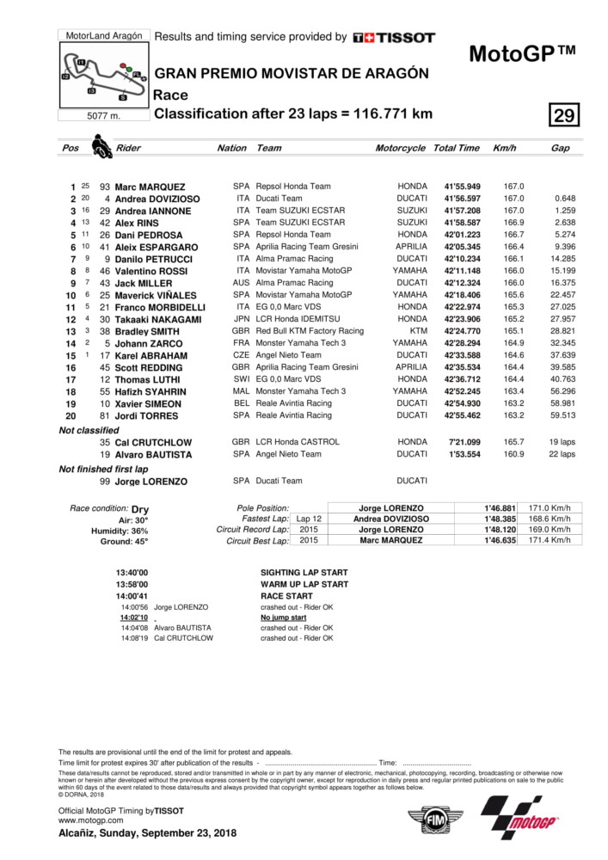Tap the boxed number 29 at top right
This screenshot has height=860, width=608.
tap(566, 115)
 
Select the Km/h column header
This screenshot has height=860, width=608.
tap(504, 148)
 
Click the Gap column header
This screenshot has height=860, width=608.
tap(560, 148)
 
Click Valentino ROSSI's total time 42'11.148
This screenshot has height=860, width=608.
tap(462, 271)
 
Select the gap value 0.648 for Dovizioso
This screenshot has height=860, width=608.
tap(565, 199)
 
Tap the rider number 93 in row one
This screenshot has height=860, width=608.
tap(105, 187)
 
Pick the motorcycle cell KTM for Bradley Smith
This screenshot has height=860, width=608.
tap(417, 331)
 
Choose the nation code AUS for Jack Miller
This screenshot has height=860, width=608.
tap(240, 283)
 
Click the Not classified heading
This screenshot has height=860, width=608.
tap(89, 430)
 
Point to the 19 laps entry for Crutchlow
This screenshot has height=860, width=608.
tap(562, 442)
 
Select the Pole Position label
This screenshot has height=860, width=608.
tap(264, 508)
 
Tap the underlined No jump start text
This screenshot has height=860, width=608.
tap(283, 617)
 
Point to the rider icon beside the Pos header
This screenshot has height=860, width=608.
tap(101, 146)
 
